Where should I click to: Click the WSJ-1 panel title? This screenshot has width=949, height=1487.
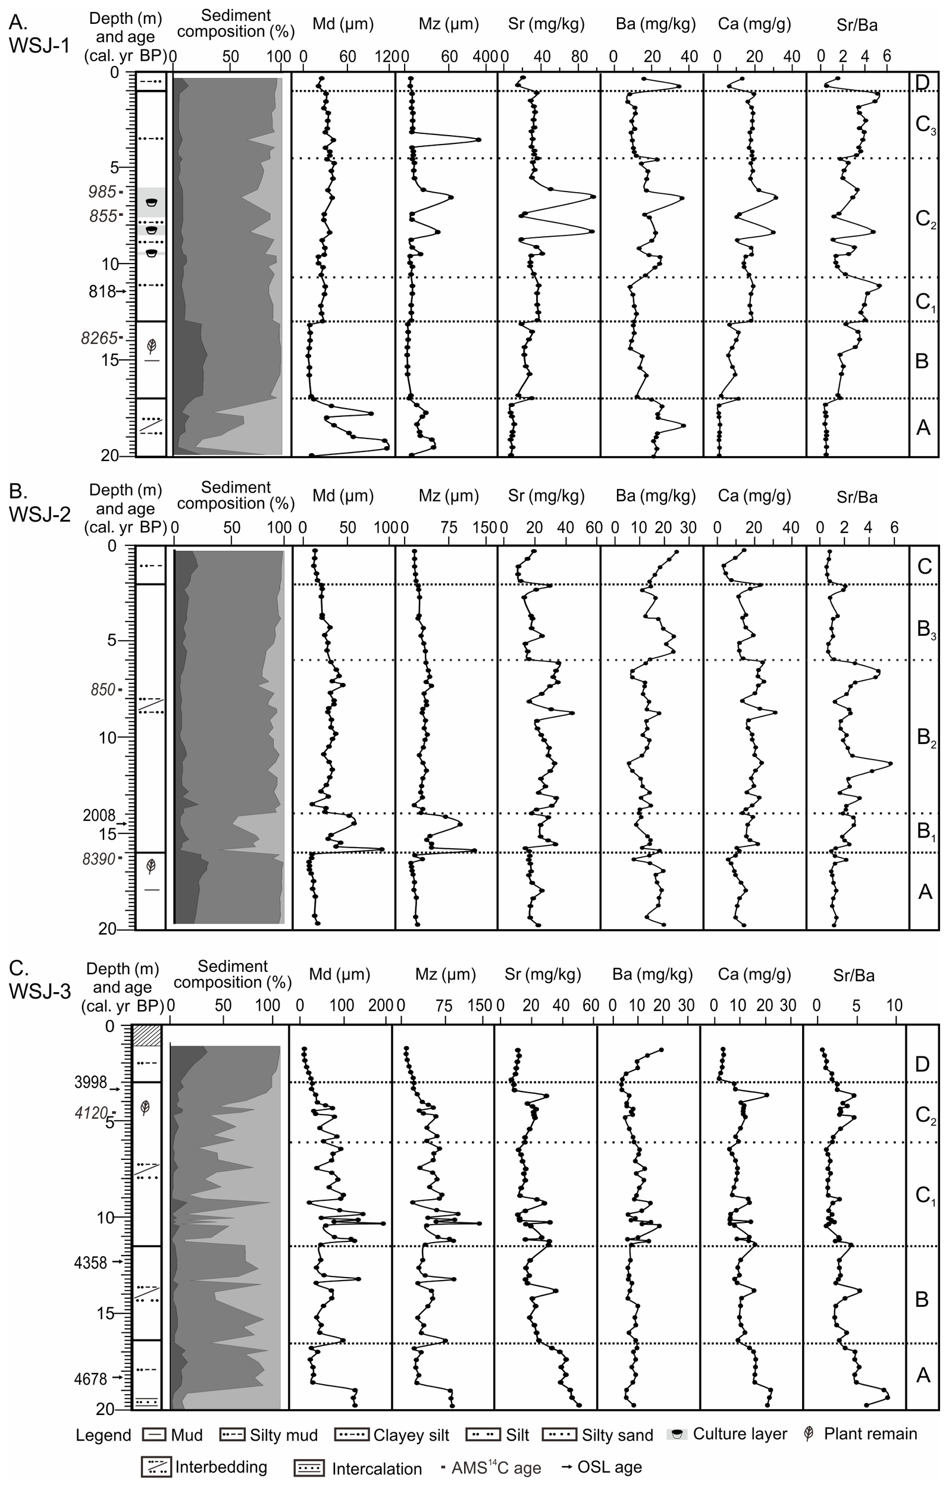click(39, 35)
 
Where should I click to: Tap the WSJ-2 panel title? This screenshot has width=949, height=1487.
click(39, 503)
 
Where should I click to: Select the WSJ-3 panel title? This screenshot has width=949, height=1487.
click(39, 980)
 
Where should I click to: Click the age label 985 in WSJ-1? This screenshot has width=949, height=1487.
click(102, 192)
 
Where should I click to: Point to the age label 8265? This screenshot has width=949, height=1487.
click(99, 338)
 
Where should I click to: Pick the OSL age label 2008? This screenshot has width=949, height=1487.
click(99, 815)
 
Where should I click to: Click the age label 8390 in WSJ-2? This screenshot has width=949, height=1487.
click(99, 858)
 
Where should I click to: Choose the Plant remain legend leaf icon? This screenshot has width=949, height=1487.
click(808, 1435)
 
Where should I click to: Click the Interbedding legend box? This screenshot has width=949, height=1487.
click(156, 1467)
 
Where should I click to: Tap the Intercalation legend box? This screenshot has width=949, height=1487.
click(309, 1469)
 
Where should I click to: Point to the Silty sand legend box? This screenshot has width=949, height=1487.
click(560, 1435)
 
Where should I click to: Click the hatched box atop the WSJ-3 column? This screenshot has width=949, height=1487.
click(147, 1036)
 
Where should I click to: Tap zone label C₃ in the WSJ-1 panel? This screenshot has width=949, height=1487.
click(925, 125)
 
